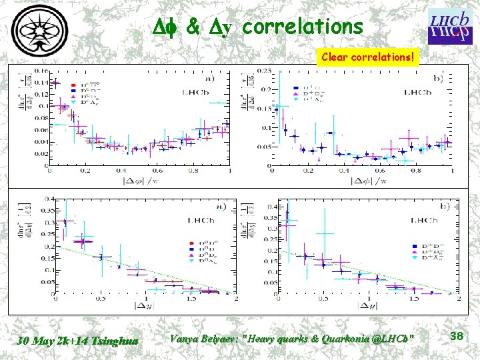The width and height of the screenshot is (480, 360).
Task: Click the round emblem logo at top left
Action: point(43,30)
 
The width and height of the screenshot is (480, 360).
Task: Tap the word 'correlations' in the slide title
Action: point(303,27)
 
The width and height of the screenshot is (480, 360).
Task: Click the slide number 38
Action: point(456,336)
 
